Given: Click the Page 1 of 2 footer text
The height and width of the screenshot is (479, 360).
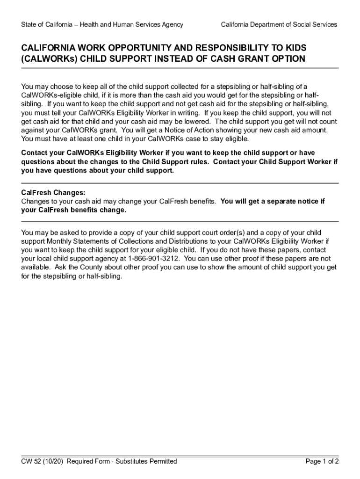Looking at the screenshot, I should (322, 462).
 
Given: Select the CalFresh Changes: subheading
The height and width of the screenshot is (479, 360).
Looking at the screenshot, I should (53, 192).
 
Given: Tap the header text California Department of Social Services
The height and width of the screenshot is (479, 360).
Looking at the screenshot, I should (279, 24).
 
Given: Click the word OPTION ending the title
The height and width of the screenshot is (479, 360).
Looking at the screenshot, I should (289, 59).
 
